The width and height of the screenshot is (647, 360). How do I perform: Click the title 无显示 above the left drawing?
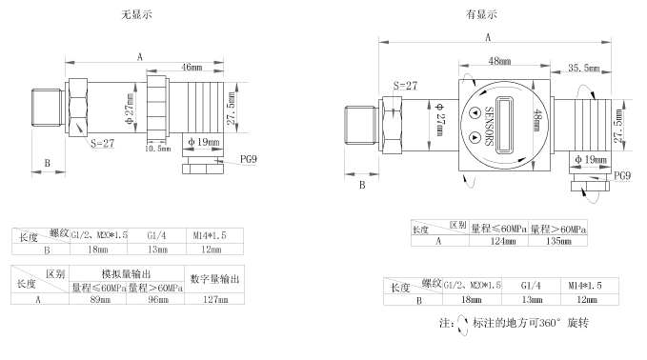[137, 14]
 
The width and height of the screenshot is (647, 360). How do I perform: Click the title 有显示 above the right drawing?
[480, 14]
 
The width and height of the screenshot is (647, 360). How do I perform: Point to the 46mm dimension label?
[192, 68]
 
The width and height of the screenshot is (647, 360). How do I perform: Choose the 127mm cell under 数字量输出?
[214, 300]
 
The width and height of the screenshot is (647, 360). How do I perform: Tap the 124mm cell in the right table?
[500, 242]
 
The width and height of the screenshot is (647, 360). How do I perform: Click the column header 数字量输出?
[214, 278]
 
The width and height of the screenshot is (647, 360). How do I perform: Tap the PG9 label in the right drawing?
[622, 175]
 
